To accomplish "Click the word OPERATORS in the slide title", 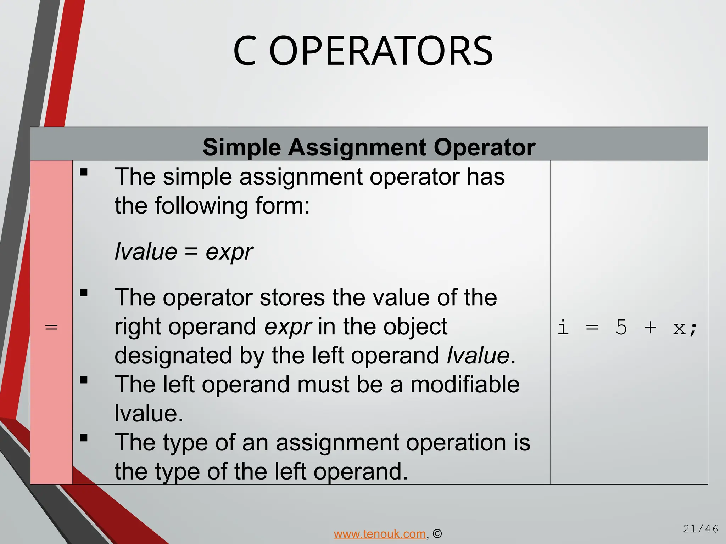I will coord(381,51).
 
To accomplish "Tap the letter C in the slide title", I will coord(245,51).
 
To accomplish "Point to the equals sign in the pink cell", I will coord(51,327).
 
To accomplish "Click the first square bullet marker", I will coord(84,172).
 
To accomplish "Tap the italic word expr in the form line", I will coord(229,252).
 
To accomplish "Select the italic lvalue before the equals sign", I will coord(146,251).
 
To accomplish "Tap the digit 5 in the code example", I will coord(621,327).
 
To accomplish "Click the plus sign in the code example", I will coord(650,327).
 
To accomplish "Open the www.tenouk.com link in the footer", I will coord(380,534).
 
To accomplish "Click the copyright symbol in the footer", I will coord(437,534).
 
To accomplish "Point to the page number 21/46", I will coord(700,529).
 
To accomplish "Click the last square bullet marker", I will coord(84,438).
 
